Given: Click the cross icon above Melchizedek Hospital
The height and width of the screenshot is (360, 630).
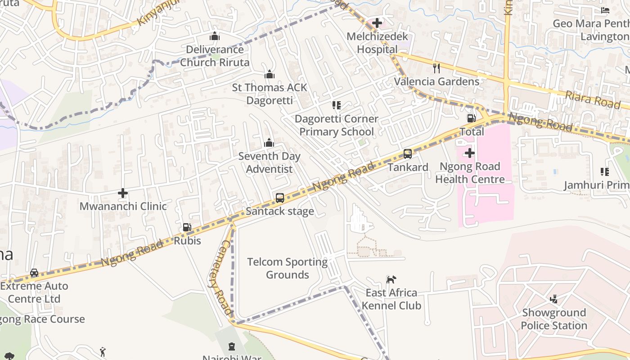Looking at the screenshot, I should [x=377, y=23].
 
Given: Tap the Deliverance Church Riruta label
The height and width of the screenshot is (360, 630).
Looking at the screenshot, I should [x=215, y=56].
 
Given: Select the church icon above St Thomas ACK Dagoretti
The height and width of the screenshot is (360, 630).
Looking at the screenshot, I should [x=270, y=74].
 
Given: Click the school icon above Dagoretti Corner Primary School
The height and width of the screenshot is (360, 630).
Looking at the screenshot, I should [x=336, y=105].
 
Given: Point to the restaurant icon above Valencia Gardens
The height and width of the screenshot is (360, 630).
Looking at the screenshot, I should [x=436, y=68].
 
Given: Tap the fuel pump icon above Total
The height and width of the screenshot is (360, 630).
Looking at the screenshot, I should [x=471, y=118].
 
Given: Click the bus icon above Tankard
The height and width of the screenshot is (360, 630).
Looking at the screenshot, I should [x=408, y=154].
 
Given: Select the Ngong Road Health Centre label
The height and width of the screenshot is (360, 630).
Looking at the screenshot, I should [x=470, y=173].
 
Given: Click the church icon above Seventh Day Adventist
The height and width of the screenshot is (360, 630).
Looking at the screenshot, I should [x=269, y=143].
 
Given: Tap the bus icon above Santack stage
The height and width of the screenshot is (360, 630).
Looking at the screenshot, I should [x=279, y=198].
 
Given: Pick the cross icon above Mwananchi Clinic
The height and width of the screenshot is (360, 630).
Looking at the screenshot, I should [x=123, y=193].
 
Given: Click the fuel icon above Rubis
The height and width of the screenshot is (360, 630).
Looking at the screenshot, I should [x=187, y=228].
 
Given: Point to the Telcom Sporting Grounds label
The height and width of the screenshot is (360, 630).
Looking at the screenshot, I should [x=288, y=268].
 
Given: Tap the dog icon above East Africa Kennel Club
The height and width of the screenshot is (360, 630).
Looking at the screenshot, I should [x=391, y=279].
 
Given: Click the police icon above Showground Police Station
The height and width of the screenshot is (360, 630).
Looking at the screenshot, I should [x=554, y=299].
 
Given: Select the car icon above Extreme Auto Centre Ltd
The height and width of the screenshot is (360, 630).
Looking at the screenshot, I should [x=34, y=273].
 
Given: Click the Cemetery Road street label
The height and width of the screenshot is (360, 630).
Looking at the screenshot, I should [x=220, y=276].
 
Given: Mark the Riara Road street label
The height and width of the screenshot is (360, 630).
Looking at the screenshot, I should [x=593, y=99].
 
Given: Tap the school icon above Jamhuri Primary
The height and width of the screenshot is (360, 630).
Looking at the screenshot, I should [x=605, y=172].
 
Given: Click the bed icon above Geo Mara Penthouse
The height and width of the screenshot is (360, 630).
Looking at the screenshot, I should [x=605, y=10].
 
